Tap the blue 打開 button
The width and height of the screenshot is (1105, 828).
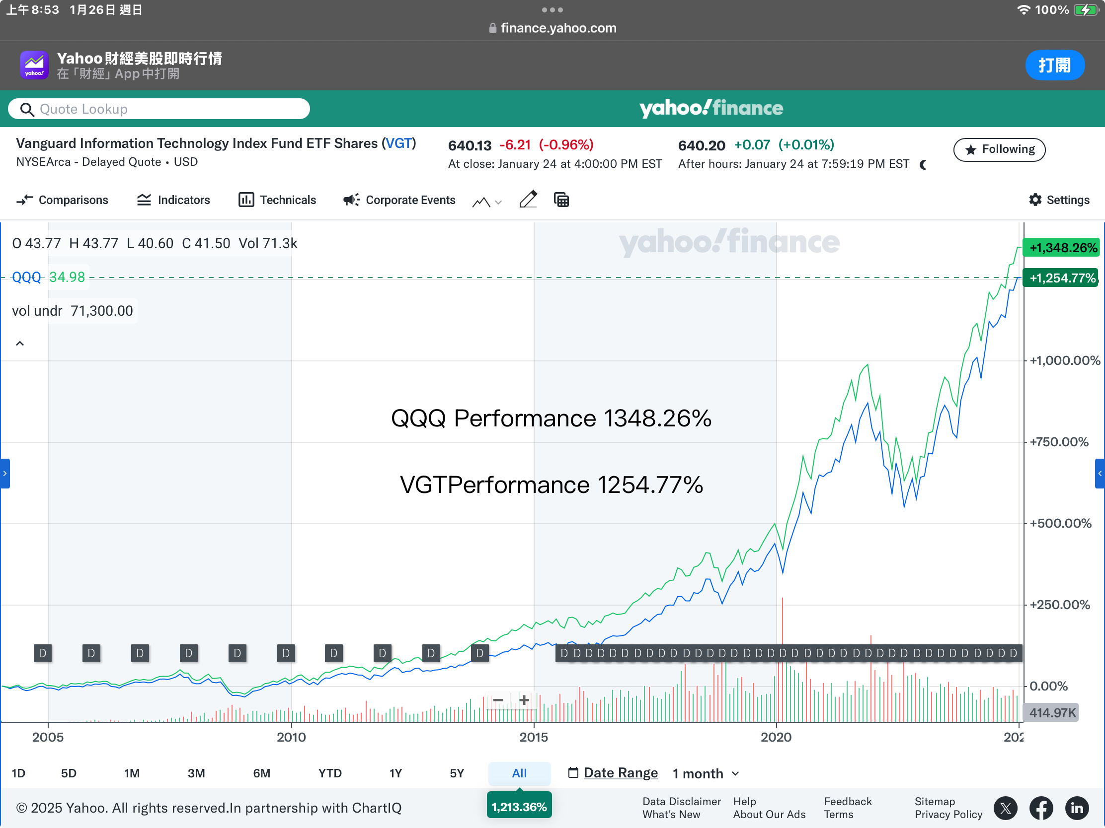click(1054, 65)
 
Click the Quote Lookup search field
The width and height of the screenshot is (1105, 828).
click(159, 109)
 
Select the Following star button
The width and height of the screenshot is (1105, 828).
click(999, 149)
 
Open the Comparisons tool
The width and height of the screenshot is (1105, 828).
click(63, 200)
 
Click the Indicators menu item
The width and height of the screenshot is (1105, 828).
click(173, 200)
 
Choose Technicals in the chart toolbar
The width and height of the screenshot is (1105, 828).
click(277, 200)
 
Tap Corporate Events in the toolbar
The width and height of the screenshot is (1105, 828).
click(399, 200)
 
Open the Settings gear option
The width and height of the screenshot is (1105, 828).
click(1059, 200)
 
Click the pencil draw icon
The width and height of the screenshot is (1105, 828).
click(528, 200)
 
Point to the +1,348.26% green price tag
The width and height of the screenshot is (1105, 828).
click(1062, 248)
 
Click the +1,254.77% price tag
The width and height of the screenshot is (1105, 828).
click(1061, 278)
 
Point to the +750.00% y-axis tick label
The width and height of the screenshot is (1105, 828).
click(1059, 442)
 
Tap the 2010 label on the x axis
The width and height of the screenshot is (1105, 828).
click(291, 737)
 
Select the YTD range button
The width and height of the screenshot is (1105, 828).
click(330, 773)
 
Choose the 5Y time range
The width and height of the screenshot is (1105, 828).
click(457, 773)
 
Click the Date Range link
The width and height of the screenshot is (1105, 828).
click(621, 772)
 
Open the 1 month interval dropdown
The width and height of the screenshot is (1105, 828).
click(706, 773)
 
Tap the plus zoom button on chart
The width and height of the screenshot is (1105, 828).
click(524, 700)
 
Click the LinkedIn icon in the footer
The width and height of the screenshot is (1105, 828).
click(1077, 808)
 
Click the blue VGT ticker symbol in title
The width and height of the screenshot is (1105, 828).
click(398, 143)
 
